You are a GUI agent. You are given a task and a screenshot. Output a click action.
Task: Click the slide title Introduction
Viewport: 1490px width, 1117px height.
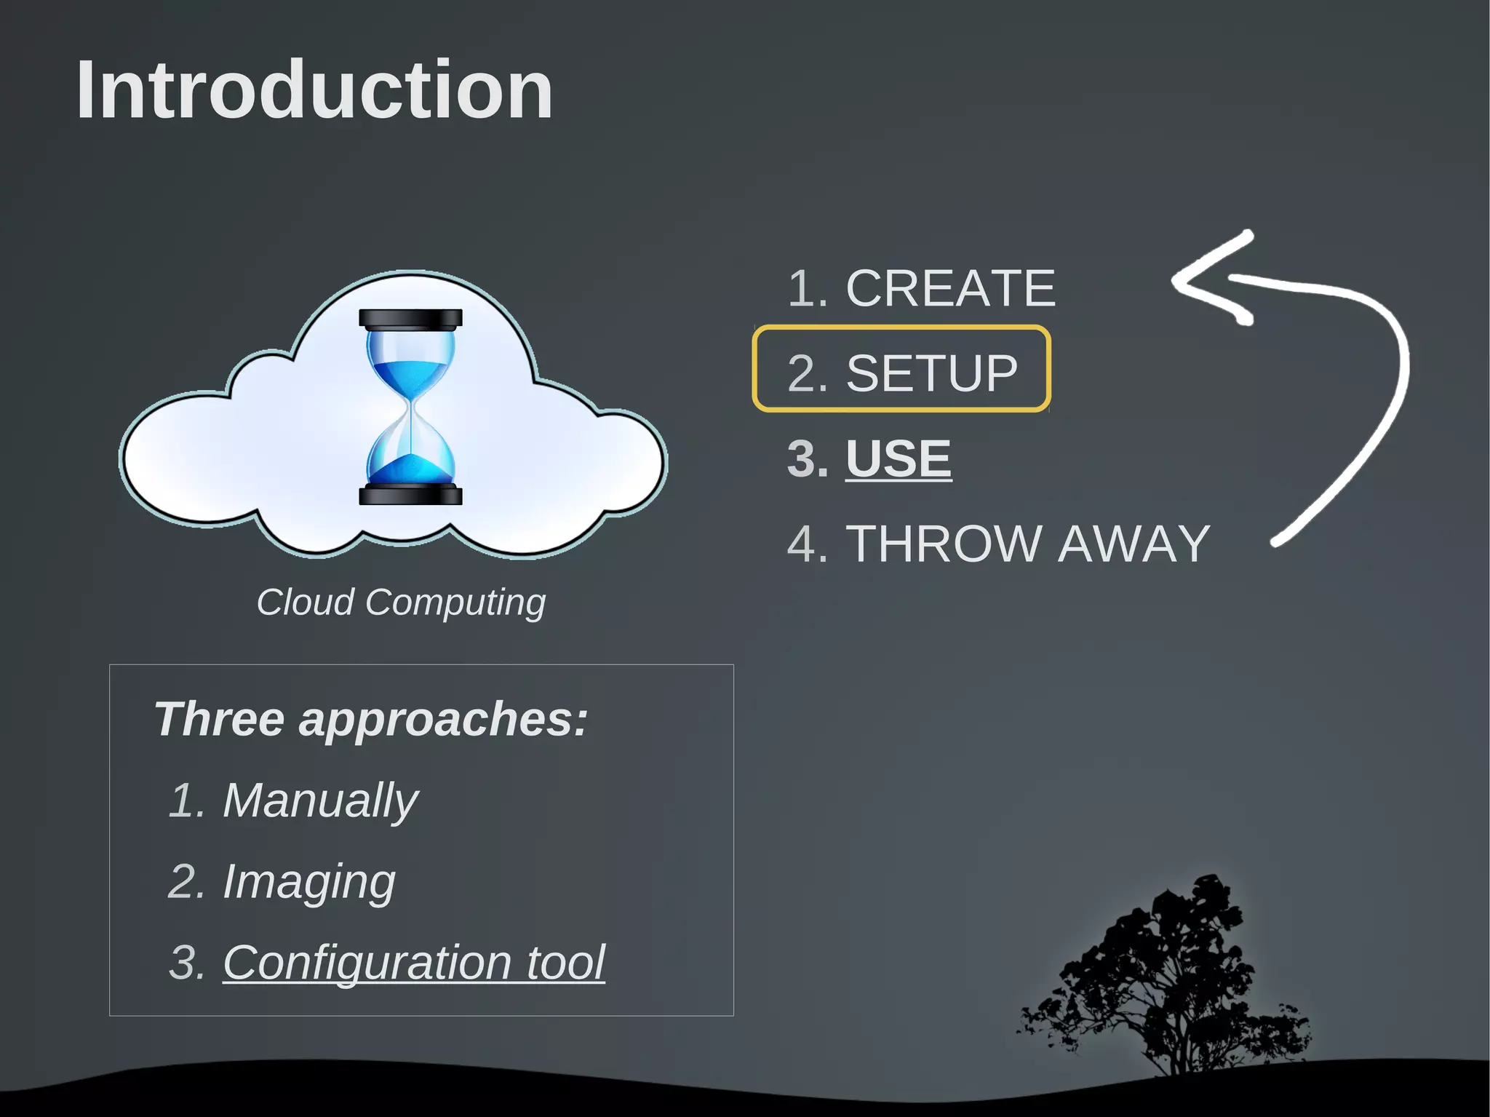tap(314, 90)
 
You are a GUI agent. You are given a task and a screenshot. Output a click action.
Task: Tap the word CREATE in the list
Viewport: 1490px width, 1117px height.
tap(950, 288)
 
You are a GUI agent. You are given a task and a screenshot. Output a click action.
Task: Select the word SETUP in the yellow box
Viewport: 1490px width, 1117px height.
tap(931, 373)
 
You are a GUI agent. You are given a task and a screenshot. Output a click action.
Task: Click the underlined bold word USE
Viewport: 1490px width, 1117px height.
tap(898, 458)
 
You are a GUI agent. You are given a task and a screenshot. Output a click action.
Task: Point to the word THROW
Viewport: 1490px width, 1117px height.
tap(944, 544)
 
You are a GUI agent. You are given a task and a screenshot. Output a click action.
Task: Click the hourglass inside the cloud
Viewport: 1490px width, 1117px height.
tap(411, 408)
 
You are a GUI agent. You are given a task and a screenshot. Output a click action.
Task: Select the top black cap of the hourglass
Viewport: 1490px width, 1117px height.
tap(411, 318)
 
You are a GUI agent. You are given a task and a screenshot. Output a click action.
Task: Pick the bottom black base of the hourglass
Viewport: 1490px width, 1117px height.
tap(411, 496)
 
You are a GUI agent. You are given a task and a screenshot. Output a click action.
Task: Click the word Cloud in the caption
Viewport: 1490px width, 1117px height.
tap(305, 603)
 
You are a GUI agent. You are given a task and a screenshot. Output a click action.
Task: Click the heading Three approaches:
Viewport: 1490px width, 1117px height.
tap(370, 719)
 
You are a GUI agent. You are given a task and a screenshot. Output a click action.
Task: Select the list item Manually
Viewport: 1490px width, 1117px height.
tap(320, 800)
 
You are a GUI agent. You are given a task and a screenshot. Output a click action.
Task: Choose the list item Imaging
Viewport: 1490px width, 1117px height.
tap(308, 882)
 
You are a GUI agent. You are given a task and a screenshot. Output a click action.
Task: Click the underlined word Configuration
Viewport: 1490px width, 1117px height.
tap(367, 963)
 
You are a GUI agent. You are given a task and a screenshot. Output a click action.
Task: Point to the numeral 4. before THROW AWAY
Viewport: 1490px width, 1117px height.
tap(806, 544)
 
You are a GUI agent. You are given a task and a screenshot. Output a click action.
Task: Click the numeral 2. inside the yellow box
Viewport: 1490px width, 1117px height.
tap(806, 373)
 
